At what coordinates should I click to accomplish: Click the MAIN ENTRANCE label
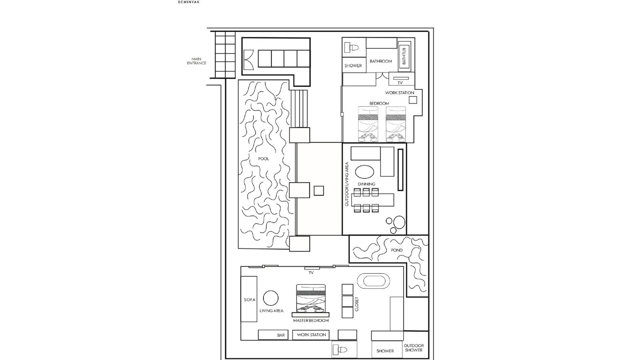click(197, 61)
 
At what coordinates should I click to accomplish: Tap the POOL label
click(264, 159)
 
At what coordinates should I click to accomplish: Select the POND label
click(397, 250)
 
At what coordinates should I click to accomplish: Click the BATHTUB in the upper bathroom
click(404, 56)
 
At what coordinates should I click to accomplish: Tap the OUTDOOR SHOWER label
click(414, 348)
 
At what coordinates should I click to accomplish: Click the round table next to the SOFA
click(271, 298)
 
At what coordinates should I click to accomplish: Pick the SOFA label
click(249, 300)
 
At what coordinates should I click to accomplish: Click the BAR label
click(281, 335)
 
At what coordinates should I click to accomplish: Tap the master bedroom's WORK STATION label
click(312, 335)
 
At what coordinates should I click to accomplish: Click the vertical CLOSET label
click(357, 304)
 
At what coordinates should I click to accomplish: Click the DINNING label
click(366, 184)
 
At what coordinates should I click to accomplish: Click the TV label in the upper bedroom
click(400, 83)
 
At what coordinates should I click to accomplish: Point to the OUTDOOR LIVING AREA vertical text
click(347, 184)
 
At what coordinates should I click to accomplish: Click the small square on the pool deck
click(319, 191)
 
